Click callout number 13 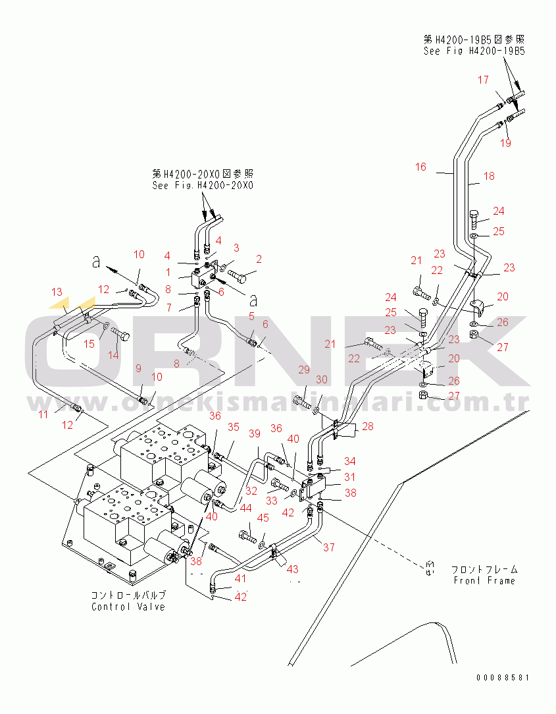tap(57, 292)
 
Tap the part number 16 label tap(420, 167)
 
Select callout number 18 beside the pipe tap(489, 177)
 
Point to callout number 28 tap(367, 427)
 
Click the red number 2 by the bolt tap(259, 259)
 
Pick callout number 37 tap(328, 547)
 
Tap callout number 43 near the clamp tap(291, 568)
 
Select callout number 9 tap(138, 368)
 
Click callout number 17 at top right tap(483, 80)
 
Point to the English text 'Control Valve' tap(128, 607)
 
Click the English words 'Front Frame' tap(484, 580)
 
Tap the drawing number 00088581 tap(503, 677)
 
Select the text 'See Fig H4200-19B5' tap(474, 51)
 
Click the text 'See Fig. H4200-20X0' tap(203, 185)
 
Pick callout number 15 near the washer tap(89, 344)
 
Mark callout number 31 tap(349, 477)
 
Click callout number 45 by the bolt tap(263, 518)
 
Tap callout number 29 tap(303, 370)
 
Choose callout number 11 tap(43, 414)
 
